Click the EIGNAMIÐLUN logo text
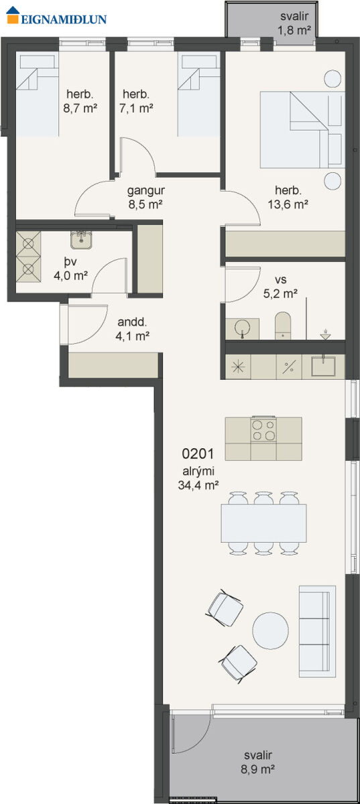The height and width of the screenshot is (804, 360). [x=64, y=19]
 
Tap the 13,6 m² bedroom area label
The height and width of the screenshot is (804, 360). [x=288, y=204]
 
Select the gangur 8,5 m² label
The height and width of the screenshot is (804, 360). [x=146, y=198]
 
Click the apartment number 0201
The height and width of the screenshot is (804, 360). [x=198, y=454]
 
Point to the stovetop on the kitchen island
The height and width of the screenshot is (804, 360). [x=263, y=429]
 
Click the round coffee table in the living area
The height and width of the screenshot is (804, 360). [x=270, y=630]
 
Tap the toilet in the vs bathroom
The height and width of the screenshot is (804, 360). [x=283, y=326]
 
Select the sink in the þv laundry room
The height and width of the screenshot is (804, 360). [x=82, y=240]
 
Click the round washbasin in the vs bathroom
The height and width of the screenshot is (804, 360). [x=242, y=328]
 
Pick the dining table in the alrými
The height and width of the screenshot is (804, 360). [x=263, y=523]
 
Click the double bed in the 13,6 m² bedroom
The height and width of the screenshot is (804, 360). [x=302, y=130]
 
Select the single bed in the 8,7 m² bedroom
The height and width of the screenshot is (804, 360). [x=38, y=94]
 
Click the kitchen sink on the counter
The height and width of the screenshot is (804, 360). [x=323, y=366]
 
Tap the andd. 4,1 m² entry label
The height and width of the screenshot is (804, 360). [x=133, y=328]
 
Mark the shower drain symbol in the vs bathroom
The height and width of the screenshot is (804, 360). [x=326, y=334]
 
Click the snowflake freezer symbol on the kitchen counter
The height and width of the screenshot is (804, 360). [x=237, y=366]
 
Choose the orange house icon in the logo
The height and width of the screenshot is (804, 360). [x=13, y=15]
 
